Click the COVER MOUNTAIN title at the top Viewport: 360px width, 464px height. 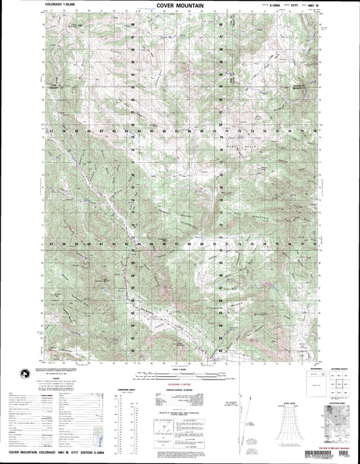(x=180, y=4)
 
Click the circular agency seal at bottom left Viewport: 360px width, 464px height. (x=27, y=372)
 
